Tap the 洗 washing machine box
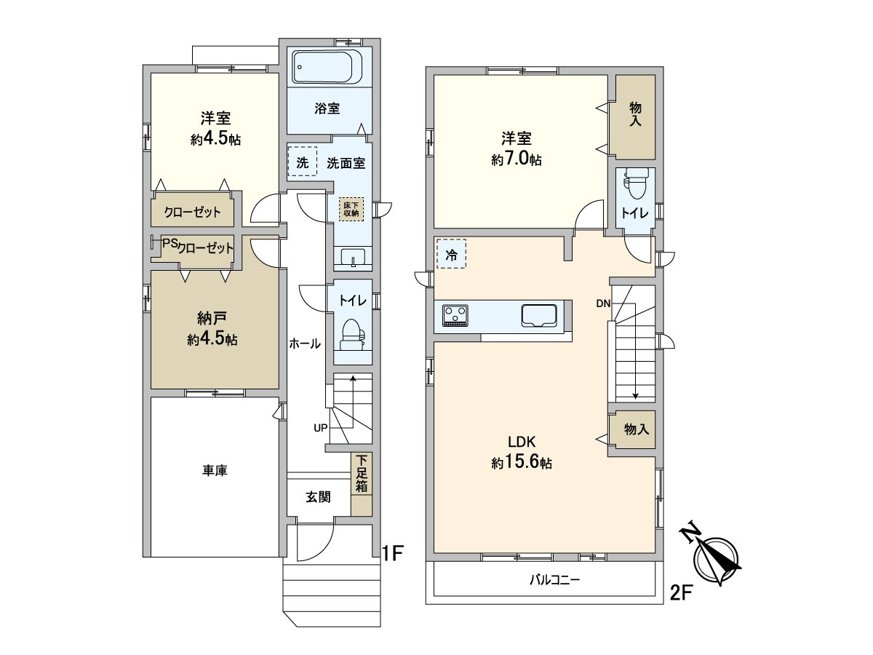(x=303, y=162)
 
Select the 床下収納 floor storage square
(x=351, y=208)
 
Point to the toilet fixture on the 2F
(x=635, y=184)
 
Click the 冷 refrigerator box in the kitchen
(x=451, y=255)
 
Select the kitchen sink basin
(x=539, y=316)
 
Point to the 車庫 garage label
(x=215, y=471)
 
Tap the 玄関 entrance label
(x=318, y=497)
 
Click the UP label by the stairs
(x=320, y=428)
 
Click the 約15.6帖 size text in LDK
(x=521, y=462)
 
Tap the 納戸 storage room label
(x=215, y=318)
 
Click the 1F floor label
(x=393, y=553)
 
